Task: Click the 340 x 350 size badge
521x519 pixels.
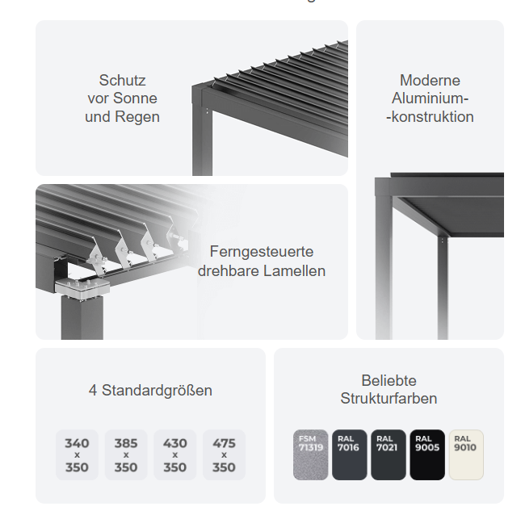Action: tap(77, 454)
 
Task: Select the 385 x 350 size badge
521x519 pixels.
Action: tap(126, 454)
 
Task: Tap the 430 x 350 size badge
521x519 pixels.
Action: tap(174, 454)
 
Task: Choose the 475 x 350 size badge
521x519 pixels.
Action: tap(224, 454)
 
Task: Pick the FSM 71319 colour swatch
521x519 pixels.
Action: tap(310, 454)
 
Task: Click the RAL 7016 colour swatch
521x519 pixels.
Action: tap(349, 454)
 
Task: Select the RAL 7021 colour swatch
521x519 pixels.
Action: tap(389, 454)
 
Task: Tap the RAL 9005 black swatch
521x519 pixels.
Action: tap(427, 454)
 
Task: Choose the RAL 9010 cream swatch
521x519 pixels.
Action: tap(466, 454)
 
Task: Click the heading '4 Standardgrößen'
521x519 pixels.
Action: tap(150, 391)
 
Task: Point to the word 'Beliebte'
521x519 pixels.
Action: tap(389, 381)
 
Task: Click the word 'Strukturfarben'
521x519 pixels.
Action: tap(389, 399)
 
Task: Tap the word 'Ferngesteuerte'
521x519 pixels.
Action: tap(262, 252)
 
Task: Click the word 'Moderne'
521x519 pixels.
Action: tap(430, 81)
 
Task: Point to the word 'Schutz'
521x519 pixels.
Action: tap(122, 81)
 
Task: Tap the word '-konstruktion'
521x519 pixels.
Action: tap(430, 117)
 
